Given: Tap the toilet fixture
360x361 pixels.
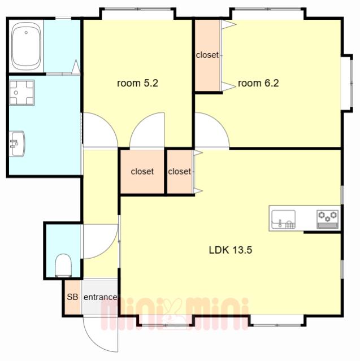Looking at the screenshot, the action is (x=63, y=265).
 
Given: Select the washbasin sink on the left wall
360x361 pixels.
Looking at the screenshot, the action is (x=18, y=143).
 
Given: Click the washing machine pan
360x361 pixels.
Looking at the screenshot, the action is (x=22, y=93).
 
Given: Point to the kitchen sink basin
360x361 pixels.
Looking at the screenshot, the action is (x=284, y=219).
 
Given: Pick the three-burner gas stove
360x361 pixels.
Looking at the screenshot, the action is (x=327, y=219).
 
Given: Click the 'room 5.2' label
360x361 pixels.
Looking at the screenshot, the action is (x=137, y=83).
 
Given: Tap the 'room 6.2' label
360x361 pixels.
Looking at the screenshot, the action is (x=258, y=83).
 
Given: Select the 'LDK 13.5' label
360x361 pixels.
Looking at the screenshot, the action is (x=231, y=250).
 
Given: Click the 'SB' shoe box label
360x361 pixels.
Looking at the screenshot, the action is (x=72, y=297).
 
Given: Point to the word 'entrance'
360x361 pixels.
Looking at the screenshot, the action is (x=100, y=297).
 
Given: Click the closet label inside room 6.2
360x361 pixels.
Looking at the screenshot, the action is (x=207, y=55).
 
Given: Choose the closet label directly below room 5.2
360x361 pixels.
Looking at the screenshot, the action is (x=142, y=171).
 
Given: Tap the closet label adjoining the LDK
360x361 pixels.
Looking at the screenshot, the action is (x=179, y=171).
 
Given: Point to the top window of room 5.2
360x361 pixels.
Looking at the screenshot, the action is (x=138, y=10).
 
